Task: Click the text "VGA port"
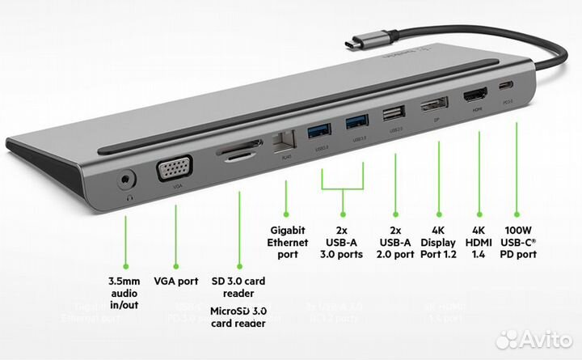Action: coord(176,282)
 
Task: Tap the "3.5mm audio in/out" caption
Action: coord(126,292)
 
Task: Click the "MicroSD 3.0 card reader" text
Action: coord(238,317)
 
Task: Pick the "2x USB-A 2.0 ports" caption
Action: coord(396,241)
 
